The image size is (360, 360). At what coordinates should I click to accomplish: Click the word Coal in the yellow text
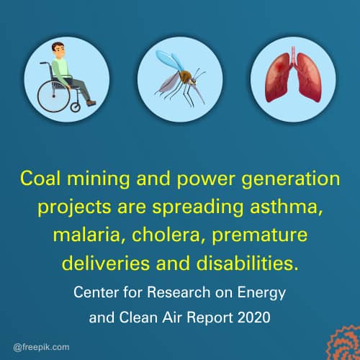click(x=40, y=179)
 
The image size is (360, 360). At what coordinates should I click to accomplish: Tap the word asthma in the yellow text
click(x=287, y=207)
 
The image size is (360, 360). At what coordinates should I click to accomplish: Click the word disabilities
click(x=247, y=263)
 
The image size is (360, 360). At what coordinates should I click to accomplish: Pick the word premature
click(x=259, y=235)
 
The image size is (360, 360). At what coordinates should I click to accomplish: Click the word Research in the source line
click(x=179, y=292)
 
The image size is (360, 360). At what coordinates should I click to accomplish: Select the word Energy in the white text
click(x=261, y=293)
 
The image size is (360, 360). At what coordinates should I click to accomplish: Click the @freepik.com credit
click(x=41, y=347)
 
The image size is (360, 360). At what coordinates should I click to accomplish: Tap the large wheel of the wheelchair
click(x=53, y=96)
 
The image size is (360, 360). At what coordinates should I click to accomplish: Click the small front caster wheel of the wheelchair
click(x=75, y=107)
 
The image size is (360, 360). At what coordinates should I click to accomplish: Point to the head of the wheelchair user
click(x=58, y=50)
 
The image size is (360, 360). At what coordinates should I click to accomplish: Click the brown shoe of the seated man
click(x=91, y=103)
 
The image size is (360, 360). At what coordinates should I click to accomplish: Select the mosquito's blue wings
click(x=168, y=60)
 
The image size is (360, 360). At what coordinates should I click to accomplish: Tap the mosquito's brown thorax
click(x=185, y=76)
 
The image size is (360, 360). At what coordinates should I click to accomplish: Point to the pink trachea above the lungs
click(x=293, y=56)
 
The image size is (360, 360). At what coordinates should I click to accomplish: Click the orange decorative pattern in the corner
click(x=344, y=343)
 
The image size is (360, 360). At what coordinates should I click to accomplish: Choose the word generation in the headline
click(x=291, y=179)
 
